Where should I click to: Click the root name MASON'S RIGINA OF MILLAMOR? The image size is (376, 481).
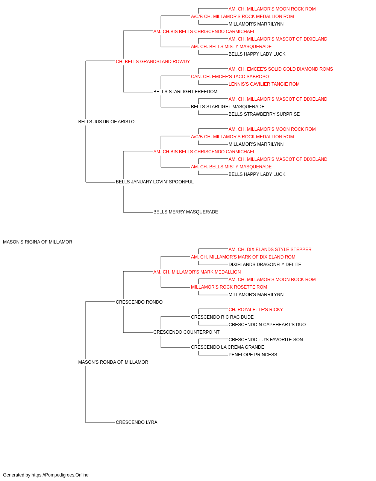pyautogui.click(x=38, y=242)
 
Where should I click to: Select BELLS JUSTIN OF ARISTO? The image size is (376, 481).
pyautogui.click(x=106, y=122)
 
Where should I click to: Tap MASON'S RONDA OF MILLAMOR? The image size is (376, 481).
pyautogui.click(x=113, y=362)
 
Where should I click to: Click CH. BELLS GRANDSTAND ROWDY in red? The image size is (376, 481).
pyautogui.click(x=153, y=62)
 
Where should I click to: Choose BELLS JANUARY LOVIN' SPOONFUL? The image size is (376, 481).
pyautogui.click(x=155, y=182)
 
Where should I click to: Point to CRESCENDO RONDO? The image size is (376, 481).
pyautogui.click(x=139, y=302)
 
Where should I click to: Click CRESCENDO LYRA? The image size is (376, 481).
pyautogui.click(x=136, y=422)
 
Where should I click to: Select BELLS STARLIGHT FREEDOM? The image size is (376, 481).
pyautogui.click(x=185, y=92)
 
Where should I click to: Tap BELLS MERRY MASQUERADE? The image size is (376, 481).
pyautogui.click(x=186, y=212)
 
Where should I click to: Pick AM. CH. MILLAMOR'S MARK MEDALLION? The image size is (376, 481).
pyautogui.click(x=197, y=272)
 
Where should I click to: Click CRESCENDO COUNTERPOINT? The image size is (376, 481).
pyautogui.click(x=186, y=332)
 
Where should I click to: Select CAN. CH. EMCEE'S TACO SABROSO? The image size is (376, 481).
pyautogui.click(x=230, y=77)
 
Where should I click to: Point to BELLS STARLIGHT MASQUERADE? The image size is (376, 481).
pyautogui.click(x=227, y=107)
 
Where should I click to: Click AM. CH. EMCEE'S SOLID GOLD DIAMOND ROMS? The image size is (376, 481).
pyautogui.click(x=281, y=69)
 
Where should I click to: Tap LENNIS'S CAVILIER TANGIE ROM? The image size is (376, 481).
pyautogui.click(x=264, y=84)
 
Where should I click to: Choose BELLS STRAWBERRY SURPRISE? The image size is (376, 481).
pyautogui.click(x=264, y=114)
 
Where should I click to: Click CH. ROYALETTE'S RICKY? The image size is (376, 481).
pyautogui.click(x=256, y=309)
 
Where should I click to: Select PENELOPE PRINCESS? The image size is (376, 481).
pyautogui.click(x=253, y=355)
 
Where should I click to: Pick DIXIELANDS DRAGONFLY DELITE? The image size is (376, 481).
pyautogui.click(x=265, y=264)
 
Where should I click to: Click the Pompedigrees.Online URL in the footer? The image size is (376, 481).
pyautogui.click(x=60, y=475)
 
